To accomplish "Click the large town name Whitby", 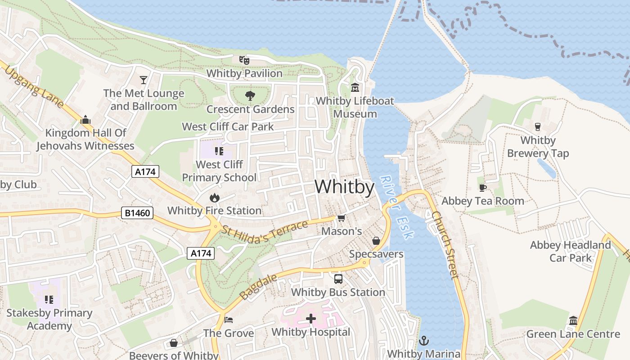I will (344, 187).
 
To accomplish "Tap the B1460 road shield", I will (137, 213).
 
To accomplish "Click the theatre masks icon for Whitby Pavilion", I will (244, 60).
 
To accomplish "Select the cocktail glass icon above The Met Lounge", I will (144, 80).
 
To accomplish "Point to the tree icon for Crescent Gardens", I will (250, 96).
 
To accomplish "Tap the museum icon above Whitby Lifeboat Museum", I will (355, 87).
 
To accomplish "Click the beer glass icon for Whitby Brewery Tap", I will (537, 127).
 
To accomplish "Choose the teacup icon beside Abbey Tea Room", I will (482, 188).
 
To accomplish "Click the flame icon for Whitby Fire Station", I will (214, 198).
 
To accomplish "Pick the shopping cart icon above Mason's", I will (341, 218).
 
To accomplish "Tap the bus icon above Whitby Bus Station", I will (338, 279).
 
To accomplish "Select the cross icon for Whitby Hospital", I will (310, 319).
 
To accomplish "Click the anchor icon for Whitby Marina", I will (423, 341).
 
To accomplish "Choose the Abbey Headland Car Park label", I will (570, 252).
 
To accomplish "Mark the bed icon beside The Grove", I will (229, 320).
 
